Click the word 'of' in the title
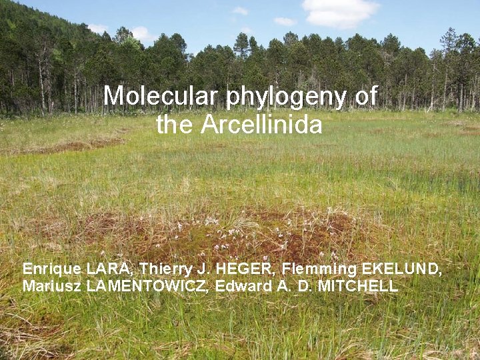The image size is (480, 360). [x=366, y=96]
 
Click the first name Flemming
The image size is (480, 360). [x=319, y=269]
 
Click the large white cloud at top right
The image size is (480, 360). [x=340, y=11]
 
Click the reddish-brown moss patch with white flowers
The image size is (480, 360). [x=260, y=233]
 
